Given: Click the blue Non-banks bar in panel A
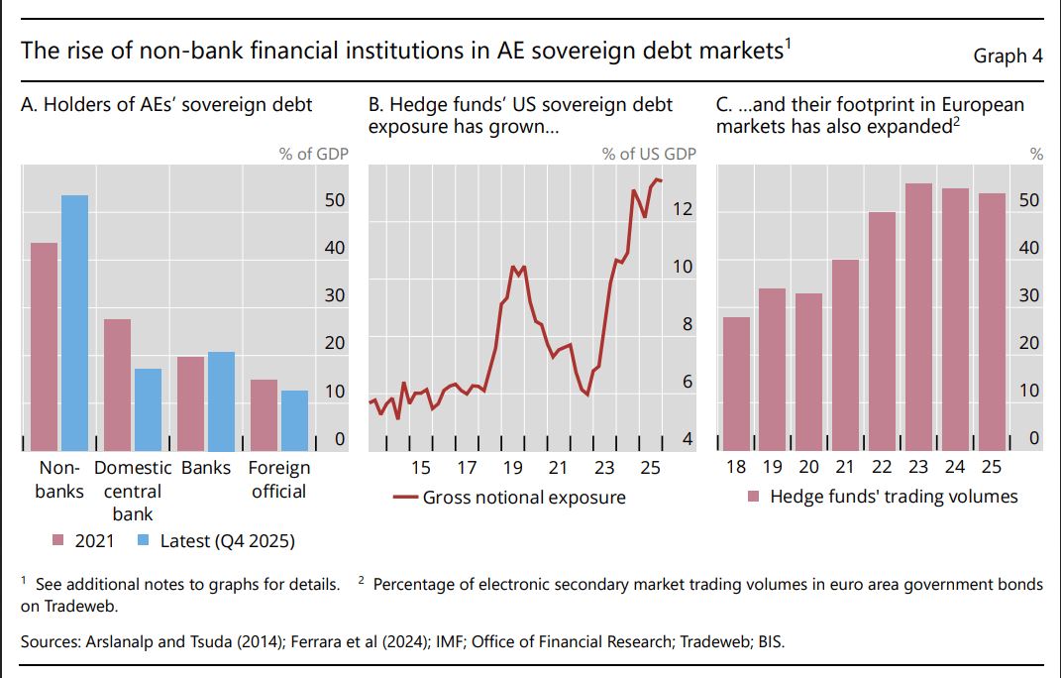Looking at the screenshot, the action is [75, 323].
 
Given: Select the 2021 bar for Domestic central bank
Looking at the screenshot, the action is [117, 385].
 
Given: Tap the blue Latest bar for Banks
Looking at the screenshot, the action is [221, 401].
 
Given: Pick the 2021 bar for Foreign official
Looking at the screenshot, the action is [264, 415].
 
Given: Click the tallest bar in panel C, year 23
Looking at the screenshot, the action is [919, 317].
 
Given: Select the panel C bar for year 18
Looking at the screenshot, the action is [736, 384].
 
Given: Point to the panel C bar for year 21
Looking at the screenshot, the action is [846, 355].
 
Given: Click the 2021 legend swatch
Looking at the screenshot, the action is [58, 540].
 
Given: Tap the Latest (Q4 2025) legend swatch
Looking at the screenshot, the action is [143, 540].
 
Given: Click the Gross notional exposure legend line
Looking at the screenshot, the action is [405, 498].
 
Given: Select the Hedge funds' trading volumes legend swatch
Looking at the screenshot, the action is [753, 497].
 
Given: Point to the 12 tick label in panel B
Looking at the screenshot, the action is [683, 208].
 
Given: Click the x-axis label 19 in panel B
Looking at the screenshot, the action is [512, 468].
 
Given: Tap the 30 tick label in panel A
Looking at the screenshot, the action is [334, 295].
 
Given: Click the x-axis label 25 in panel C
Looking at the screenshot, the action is [992, 467].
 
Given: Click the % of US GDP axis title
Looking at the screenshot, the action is [649, 154].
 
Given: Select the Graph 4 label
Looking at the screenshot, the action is [1008, 56].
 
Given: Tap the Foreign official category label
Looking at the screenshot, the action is [278, 480].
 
